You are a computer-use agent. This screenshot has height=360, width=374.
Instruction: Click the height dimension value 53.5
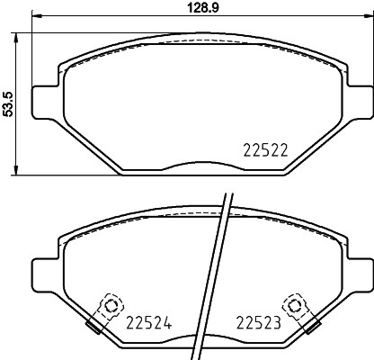coord(9,103)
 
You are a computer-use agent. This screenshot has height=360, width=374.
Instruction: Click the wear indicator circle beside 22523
coord(294,304)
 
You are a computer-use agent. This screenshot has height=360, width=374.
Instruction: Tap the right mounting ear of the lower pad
coord(356,271)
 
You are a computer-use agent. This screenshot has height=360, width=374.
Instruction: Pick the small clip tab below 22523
coord(313,327)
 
